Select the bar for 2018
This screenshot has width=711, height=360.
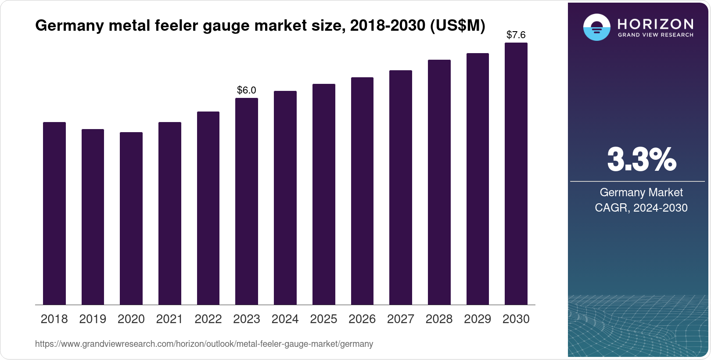pos(54,213)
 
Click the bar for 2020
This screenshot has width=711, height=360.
pos(131,218)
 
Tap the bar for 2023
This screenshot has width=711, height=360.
pos(246,201)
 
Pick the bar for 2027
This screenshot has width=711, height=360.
pos(400,187)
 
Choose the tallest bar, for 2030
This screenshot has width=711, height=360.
pos(516,173)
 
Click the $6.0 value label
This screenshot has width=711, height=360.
pos(246,90)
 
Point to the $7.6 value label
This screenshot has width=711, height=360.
pos(516,35)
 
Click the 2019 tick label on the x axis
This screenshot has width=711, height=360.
pos(93,319)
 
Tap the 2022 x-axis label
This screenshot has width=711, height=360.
pos(208,319)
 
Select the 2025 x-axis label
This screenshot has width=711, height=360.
pos(323,319)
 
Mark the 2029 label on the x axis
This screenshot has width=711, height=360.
pos(478,319)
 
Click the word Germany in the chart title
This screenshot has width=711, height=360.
pos(69,25)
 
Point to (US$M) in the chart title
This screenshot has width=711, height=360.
pos(457,25)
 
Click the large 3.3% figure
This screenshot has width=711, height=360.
pos(641,159)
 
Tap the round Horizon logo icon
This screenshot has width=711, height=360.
pos(596,27)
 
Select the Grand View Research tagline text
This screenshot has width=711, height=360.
pos(655,35)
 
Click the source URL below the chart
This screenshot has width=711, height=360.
pos(204,344)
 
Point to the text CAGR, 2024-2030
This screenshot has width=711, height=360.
pos(641,208)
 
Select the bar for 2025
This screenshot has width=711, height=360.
pos(323,194)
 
